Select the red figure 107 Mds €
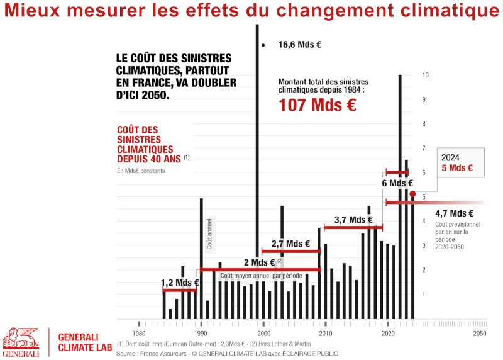[317, 105]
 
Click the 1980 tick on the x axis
[139, 333]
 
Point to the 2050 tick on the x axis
[480, 333]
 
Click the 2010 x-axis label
[326, 333]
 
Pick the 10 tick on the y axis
[426, 76]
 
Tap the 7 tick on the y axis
[426, 149]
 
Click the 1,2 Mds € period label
[180, 283]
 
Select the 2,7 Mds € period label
[290, 244]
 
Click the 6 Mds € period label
[397, 183]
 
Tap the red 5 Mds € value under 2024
[457, 169]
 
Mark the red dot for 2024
[412, 194]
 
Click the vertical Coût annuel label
[210, 233]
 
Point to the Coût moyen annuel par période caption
[261, 276]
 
